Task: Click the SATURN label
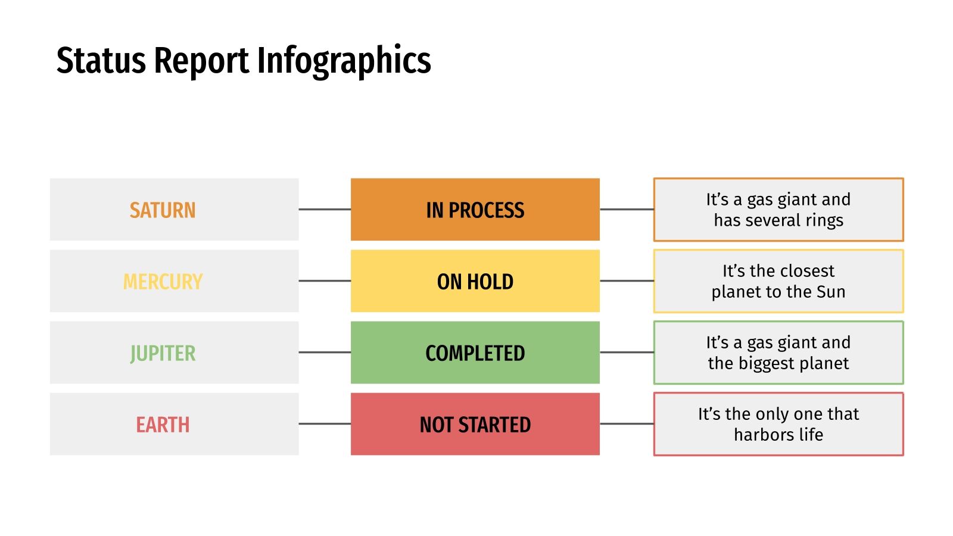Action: pos(163,210)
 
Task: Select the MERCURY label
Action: pos(163,282)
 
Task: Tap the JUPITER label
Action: pos(163,353)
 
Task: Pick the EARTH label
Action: pos(163,425)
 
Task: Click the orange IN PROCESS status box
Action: pos(475,210)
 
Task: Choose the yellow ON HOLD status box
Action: pos(475,282)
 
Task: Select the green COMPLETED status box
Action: pos(475,353)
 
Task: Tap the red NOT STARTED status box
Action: pos(475,425)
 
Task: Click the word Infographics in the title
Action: pos(344,61)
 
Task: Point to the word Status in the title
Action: pos(101,61)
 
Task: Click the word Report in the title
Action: pos(202,61)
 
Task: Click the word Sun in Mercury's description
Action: pos(831,292)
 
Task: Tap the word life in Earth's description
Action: pos(811,435)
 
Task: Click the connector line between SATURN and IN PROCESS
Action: pos(325,210)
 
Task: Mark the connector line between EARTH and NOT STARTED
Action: pos(325,424)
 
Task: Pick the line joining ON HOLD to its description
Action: pos(627,281)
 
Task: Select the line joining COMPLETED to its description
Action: pos(627,353)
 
